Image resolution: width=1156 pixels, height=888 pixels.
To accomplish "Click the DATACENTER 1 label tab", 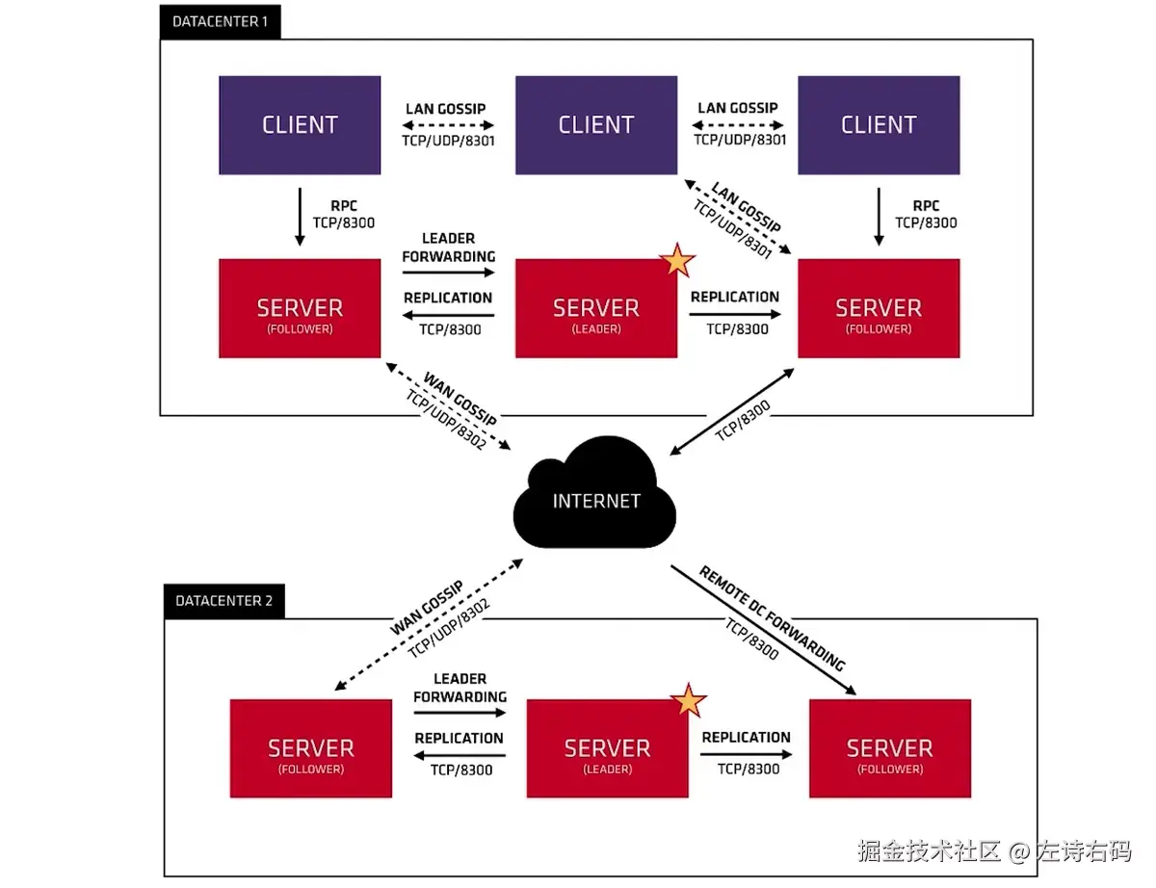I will [x=220, y=21].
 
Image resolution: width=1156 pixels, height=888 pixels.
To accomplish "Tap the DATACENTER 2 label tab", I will [x=223, y=601].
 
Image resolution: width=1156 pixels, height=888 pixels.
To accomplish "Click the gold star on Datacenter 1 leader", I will [x=677, y=259].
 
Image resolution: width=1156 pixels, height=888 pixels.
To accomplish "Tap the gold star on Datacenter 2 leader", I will [x=688, y=700].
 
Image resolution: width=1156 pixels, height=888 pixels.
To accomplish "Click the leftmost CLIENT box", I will [x=300, y=125].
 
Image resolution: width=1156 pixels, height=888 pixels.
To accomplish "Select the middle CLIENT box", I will [x=595, y=125].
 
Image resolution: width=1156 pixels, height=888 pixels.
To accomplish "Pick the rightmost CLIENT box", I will [x=878, y=125].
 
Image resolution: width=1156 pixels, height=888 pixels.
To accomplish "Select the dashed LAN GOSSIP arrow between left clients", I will [x=449, y=124].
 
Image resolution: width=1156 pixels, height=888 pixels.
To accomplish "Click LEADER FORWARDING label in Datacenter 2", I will [x=460, y=688].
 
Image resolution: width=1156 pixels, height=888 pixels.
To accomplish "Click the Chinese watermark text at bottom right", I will [x=993, y=851].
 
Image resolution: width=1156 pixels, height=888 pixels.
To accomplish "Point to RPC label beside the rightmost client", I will [x=926, y=206].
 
